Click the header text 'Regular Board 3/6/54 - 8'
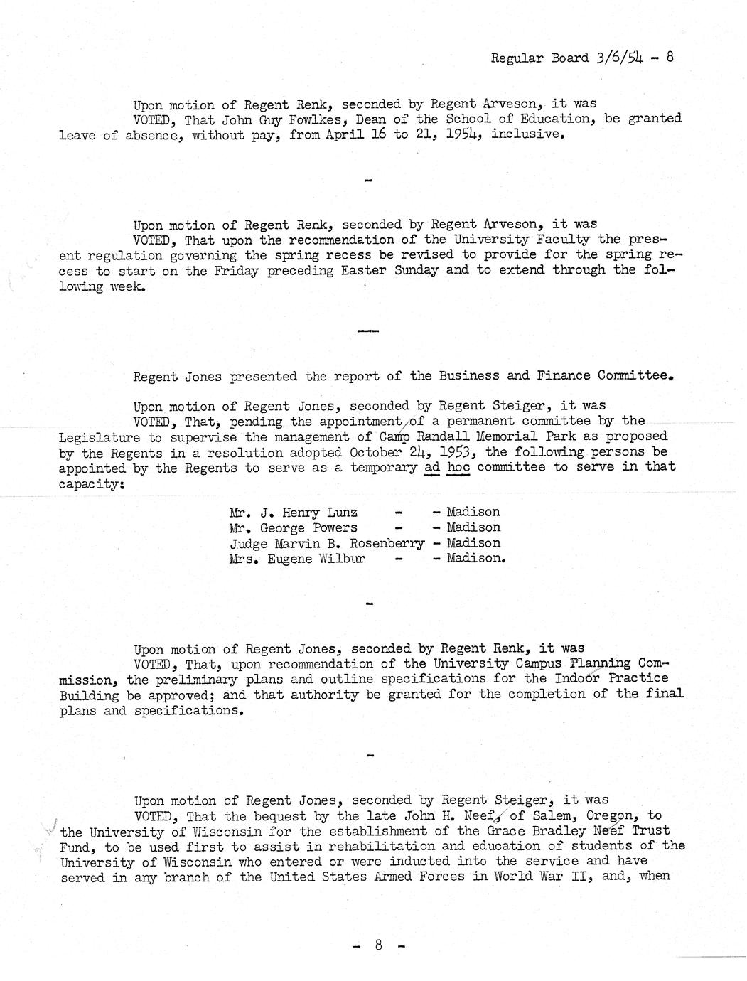click(582, 58)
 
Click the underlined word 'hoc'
click(458, 467)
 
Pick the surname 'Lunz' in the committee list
click(340, 513)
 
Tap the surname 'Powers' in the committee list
click(334, 528)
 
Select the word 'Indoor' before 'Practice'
click(576, 679)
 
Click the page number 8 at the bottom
click(380, 945)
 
